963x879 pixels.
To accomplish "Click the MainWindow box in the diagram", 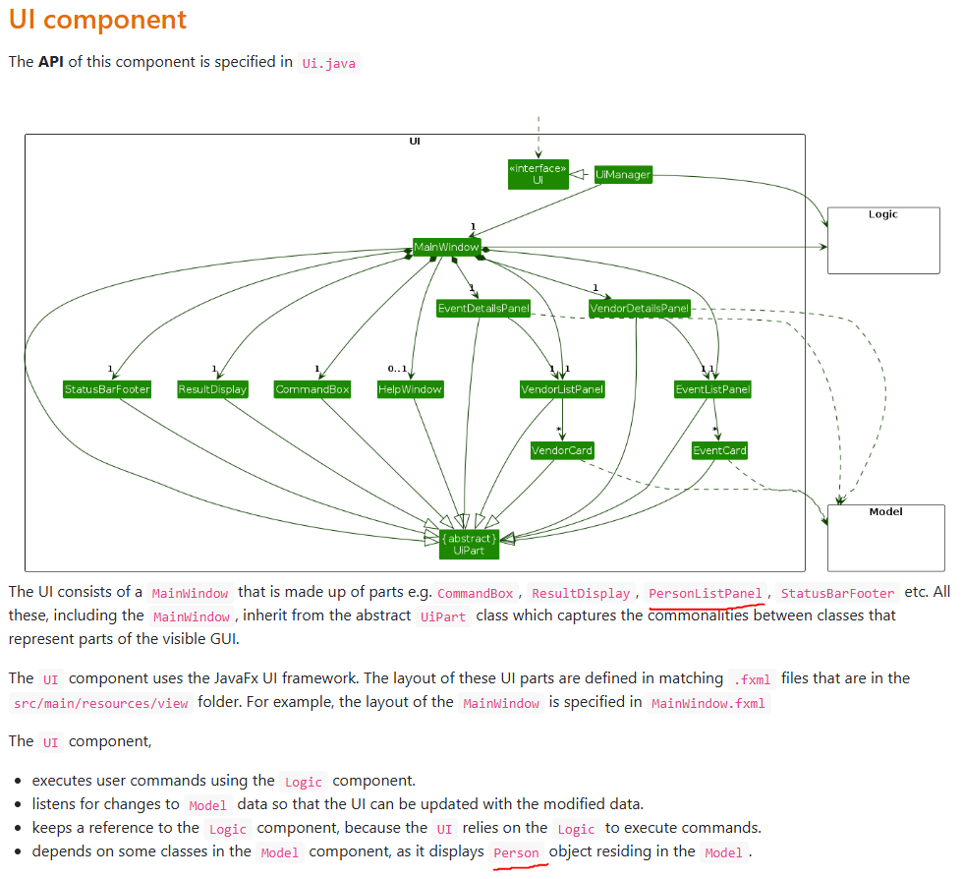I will coord(446,247).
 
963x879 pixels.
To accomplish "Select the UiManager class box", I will coord(623,175).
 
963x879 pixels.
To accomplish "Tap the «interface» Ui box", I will coord(538,174).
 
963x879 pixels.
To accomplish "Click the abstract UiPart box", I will coord(470,544).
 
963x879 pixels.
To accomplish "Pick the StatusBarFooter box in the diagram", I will coord(107,389).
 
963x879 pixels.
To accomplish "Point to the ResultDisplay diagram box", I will coord(212,389).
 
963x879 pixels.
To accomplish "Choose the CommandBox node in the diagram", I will coord(312,389).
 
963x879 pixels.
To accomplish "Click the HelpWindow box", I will coord(410,389).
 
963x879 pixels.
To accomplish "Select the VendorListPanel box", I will coord(562,389).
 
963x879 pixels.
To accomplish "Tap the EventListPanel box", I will coord(712,389).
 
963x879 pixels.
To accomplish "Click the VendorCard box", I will coord(562,450).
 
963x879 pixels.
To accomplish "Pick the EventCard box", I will coord(719,450).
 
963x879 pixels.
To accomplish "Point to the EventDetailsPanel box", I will coord(483,308).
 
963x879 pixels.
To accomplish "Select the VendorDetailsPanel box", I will coord(639,308).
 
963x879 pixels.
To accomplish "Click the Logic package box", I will coord(883,241).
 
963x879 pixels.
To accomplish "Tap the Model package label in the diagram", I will coord(885,511).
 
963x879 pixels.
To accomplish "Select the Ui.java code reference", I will coord(330,63).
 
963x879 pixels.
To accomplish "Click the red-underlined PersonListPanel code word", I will coord(705,594).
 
